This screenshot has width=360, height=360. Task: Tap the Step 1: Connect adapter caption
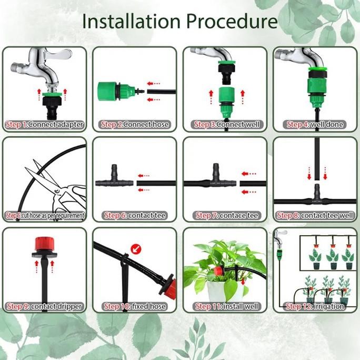(x=44, y=125)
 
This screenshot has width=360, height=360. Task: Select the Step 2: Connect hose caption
(x=135, y=125)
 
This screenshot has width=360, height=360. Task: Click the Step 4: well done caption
(x=315, y=125)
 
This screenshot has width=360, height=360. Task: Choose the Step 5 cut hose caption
(x=44, y=215)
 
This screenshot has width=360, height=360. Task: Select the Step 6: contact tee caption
(x=135, y=215)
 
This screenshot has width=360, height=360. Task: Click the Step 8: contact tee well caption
(x=315, y=215)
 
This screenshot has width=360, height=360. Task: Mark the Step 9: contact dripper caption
(x=44, y=306)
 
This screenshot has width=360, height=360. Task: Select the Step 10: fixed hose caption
(x=135, y=306)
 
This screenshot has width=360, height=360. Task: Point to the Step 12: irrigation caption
(x=315, y=306)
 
